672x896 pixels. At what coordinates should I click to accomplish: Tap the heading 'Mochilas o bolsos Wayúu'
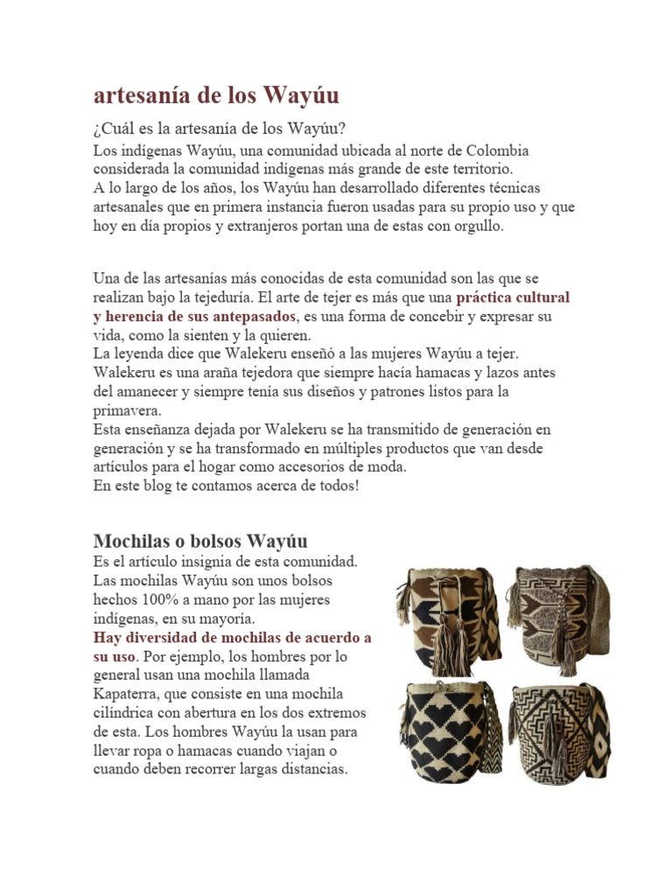200,540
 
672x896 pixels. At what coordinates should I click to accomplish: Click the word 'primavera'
127,409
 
